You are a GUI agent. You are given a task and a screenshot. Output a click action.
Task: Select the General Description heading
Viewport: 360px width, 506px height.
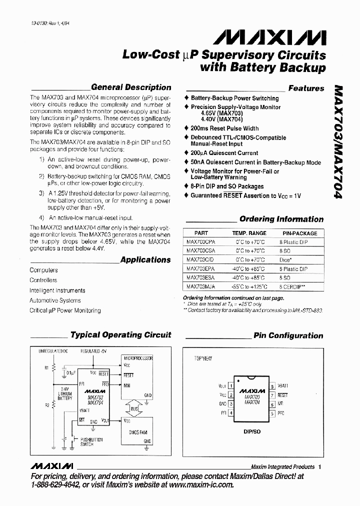[x=131, y=87]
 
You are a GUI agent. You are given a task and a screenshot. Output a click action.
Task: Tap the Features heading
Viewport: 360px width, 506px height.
[x=306, y=88]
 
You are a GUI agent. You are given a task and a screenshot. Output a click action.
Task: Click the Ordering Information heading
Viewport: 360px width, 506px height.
[x=281, y=219]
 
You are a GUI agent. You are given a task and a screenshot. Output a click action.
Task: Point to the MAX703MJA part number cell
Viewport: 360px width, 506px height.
[x=200, y=286]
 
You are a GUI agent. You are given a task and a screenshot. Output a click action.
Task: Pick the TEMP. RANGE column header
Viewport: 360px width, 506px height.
[x=249, y=233]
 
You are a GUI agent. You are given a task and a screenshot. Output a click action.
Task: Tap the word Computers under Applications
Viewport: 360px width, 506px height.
[x=43, y=270]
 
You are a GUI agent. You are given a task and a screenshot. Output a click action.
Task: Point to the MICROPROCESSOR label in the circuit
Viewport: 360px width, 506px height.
[x=137, y=358]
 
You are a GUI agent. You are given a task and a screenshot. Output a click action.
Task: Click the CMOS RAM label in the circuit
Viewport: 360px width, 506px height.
[x=138, y=432]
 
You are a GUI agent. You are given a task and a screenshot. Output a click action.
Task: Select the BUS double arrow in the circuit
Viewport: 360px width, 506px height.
[x=134, y=409]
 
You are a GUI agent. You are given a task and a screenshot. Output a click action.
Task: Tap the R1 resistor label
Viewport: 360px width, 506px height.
[x=46, y=368]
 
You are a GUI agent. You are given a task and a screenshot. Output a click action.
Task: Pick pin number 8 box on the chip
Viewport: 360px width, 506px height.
[x=272, y=386]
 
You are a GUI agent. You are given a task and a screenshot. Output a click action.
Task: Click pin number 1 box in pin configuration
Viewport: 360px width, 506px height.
[x=230, y=386]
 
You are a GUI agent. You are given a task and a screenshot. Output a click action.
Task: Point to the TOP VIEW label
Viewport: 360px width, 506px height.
[x=202, y=358]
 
